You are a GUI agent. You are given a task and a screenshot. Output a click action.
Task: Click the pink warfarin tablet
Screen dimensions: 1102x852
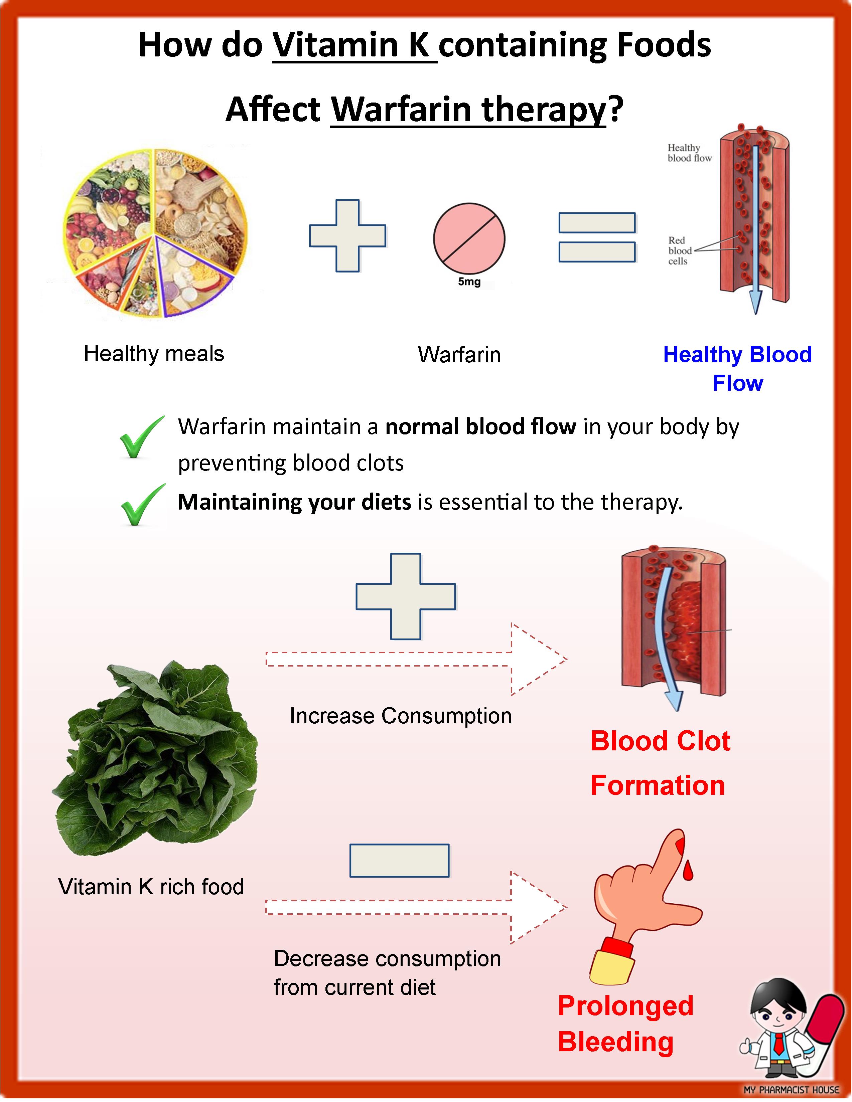tap(469, 239)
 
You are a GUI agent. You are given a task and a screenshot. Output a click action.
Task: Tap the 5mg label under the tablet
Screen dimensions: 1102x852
tap(469, 282)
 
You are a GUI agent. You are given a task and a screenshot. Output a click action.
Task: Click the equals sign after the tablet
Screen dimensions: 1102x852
tap(597, 237)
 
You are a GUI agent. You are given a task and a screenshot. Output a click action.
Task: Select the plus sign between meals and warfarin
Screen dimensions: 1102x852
tap(348, 236)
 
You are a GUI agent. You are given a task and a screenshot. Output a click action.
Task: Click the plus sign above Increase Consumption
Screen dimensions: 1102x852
tap(406, 596)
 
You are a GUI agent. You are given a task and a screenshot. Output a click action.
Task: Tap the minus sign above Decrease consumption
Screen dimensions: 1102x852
tap(399, 860)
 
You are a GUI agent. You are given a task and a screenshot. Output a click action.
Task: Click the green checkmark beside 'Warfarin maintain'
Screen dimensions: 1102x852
tap(141, 437)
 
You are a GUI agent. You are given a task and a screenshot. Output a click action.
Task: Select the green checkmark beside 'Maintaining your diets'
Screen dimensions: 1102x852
tap(142, 505)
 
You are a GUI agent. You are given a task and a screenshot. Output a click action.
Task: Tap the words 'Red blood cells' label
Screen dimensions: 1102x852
tap(679, 251)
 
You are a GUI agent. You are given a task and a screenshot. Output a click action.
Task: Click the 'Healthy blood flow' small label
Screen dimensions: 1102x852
tap(689, 153)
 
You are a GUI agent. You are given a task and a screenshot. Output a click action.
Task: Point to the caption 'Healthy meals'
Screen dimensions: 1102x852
tap(154, 353)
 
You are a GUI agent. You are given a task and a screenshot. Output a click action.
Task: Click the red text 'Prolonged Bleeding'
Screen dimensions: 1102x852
tap(625, 1024)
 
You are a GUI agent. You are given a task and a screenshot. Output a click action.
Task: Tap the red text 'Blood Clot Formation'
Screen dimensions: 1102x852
tap(660, 763)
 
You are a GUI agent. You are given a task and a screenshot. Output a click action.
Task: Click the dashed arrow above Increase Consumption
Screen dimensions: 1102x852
tap(416, 659)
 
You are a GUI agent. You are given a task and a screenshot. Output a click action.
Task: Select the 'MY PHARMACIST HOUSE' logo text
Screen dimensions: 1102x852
tap(791, 1090)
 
